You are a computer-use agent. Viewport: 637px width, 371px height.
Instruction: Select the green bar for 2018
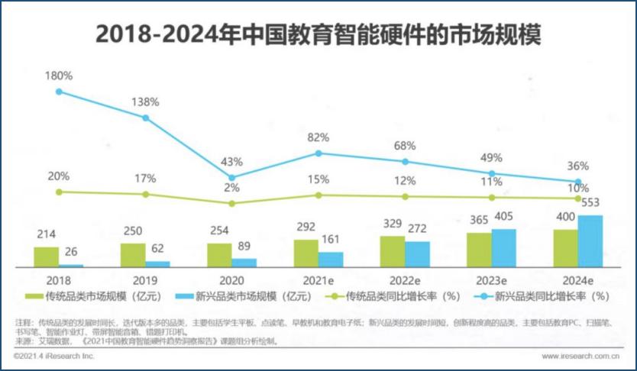pyautogui.click(x=47, y=256)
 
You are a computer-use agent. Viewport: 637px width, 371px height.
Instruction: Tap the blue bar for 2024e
pyautogui.click(x=590, y=241)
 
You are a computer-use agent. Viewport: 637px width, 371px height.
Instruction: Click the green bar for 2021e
pyautogui.click(x=306, y=253)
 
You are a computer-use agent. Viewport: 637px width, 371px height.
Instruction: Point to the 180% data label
pyautogui.click(x=58, y=76)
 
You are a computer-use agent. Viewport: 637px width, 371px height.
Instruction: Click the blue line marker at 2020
pyautogui.click(x=232, y=177)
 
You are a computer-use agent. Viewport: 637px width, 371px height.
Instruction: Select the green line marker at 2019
pyautogui.click(x=145, y=194)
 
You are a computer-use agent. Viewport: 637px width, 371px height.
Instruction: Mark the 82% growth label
pyautogui.click(x=318, y=137)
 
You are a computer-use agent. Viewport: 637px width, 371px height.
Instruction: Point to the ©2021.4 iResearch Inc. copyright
pyautogui.click(x=55, y=356)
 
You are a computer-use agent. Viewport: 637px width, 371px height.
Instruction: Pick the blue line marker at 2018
pyautogui.click(x=59, y=92)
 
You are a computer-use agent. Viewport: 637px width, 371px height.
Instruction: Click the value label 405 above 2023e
pyautogui.click(x=504, y=218)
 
